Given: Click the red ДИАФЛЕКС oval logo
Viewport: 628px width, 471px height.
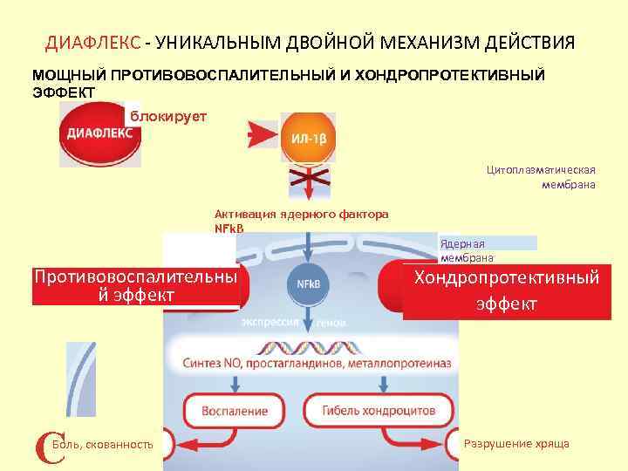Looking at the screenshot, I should point(100,133).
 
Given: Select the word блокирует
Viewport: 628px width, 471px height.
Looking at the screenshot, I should point(168,117).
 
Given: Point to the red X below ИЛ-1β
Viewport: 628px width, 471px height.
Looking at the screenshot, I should point(308,181).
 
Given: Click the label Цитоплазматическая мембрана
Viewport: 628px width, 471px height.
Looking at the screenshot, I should point(541,177).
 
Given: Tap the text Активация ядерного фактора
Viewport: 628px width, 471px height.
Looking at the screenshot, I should point(302,214).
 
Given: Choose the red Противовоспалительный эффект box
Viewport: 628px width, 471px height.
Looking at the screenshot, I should point(135,287).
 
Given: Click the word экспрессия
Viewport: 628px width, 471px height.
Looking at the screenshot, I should point(270,322).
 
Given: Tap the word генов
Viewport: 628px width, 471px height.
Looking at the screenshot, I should point(331,323).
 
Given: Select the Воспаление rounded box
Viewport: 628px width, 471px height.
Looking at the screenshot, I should point(234,410).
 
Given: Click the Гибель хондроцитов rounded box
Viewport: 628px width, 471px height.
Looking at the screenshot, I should point(379,410).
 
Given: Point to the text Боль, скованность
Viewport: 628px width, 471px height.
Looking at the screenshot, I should point(103,445).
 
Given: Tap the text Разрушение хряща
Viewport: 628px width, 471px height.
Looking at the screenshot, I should point(516,444).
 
